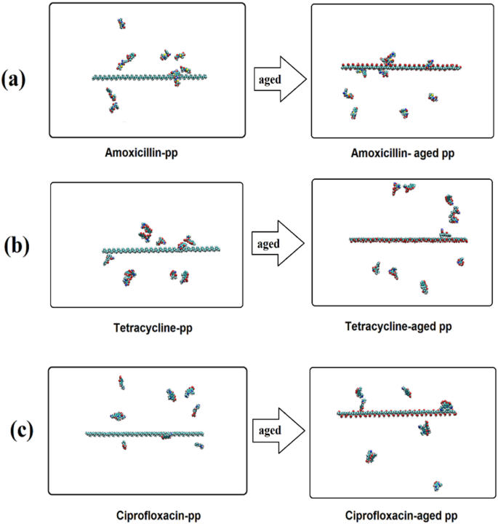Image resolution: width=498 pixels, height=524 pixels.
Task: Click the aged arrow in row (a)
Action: (x=278, y=77)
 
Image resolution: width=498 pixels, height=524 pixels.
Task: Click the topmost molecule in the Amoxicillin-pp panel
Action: (x=121, y=23)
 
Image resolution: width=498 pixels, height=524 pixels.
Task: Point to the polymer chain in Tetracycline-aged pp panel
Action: (x=407, y=239)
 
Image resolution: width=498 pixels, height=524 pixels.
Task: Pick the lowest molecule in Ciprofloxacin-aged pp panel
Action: (x=437, y=485)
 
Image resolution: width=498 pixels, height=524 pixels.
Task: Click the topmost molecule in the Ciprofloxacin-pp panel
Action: (x=121, y=382)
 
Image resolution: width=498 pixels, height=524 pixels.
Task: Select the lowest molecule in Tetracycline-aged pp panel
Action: (x=424, y=286)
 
